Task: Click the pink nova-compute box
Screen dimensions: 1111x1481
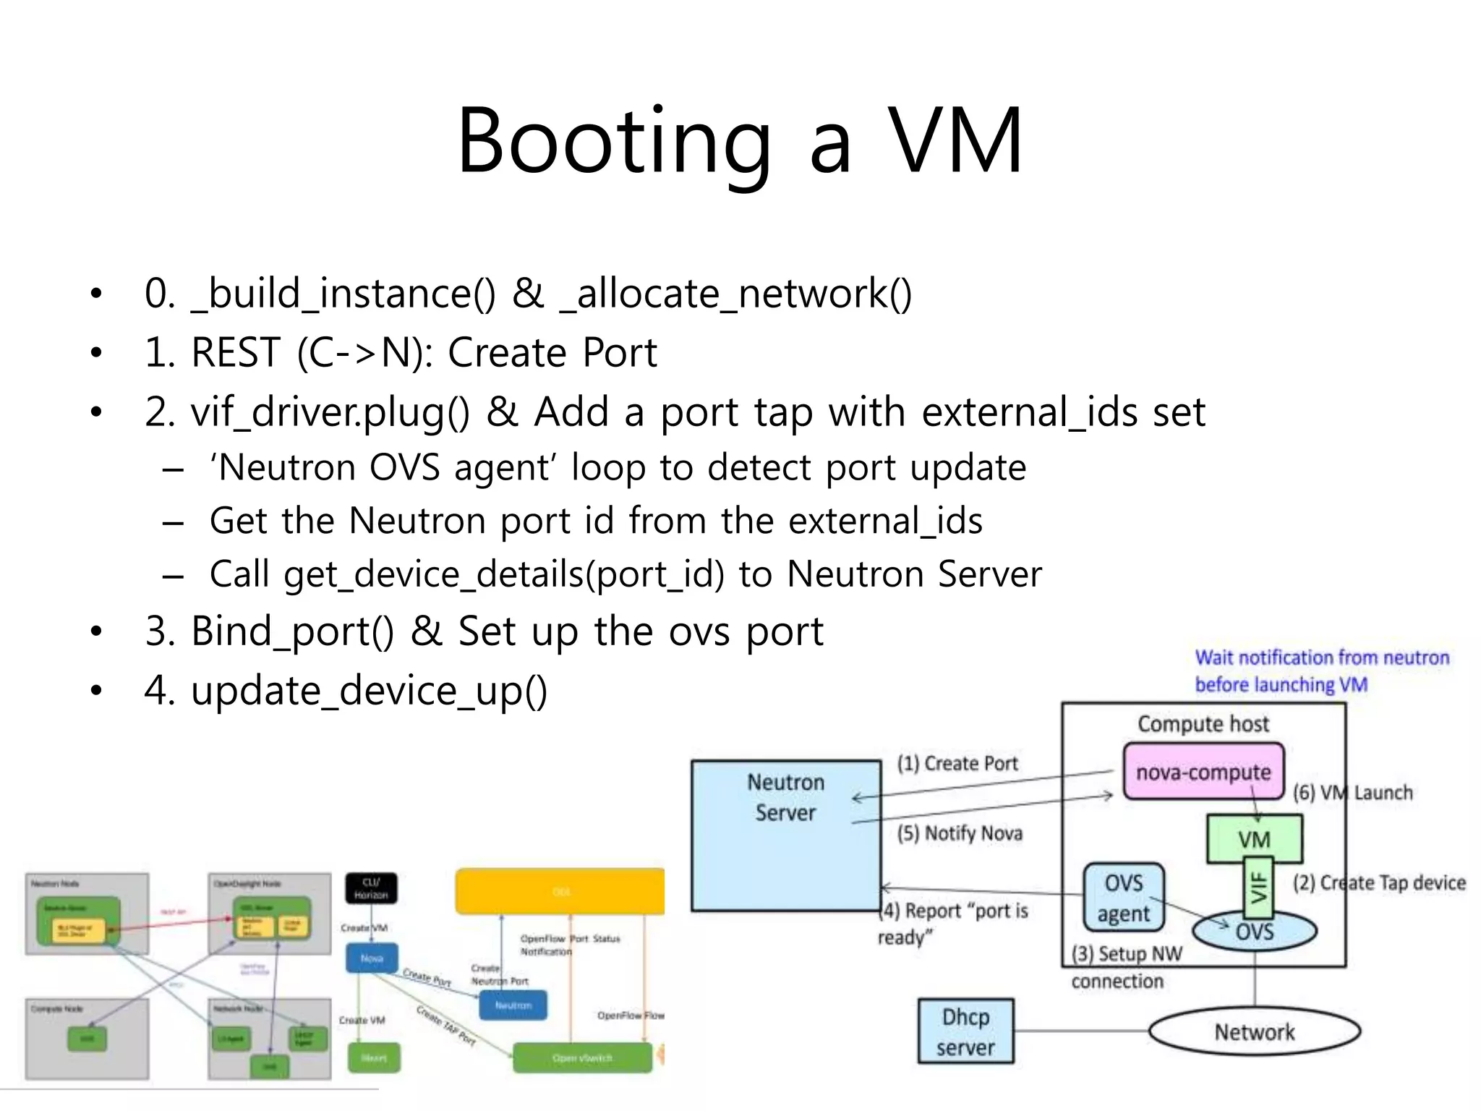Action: pos(1203,772)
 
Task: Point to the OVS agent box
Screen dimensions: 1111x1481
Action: pos(1124,898)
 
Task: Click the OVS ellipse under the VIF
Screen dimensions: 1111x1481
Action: pos(1255,931)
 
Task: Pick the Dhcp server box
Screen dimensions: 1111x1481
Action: pos(965,1031)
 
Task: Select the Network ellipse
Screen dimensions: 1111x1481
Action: pos(1254,1031)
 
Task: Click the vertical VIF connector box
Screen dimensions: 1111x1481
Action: pos(1259,887)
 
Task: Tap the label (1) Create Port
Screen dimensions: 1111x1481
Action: pos(957,764)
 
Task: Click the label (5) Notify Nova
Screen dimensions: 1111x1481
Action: pos(960,833)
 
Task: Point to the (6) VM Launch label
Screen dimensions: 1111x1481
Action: pos(1352,793)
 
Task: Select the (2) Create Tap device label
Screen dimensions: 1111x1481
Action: pos(1379,882)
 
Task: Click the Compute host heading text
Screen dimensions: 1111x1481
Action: pos(1203,724)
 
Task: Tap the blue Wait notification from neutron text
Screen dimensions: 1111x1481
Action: pos(1321,657)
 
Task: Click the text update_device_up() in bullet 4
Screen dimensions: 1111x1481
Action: pos(369,691)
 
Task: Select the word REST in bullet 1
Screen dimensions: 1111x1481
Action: pos(235,353)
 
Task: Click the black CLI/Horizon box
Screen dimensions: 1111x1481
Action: pos(371,888)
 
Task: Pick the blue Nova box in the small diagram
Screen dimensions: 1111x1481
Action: pos(372,958)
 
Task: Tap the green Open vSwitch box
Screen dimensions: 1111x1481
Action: pos(582,1057)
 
